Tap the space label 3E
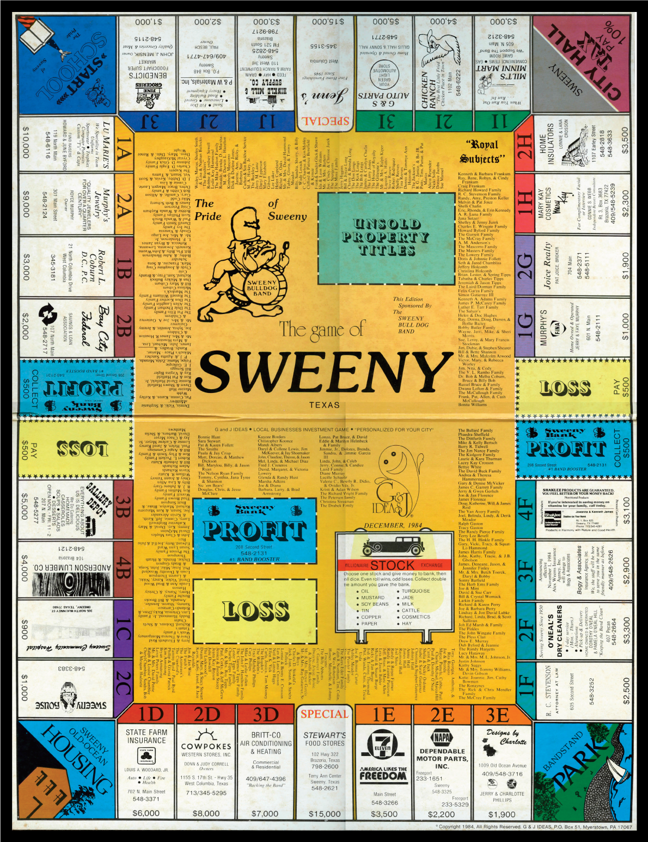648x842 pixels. click(x=498, y=715)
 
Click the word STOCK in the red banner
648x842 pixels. click(x=393, y=565)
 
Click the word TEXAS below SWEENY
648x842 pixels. click(x=325, y=405)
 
